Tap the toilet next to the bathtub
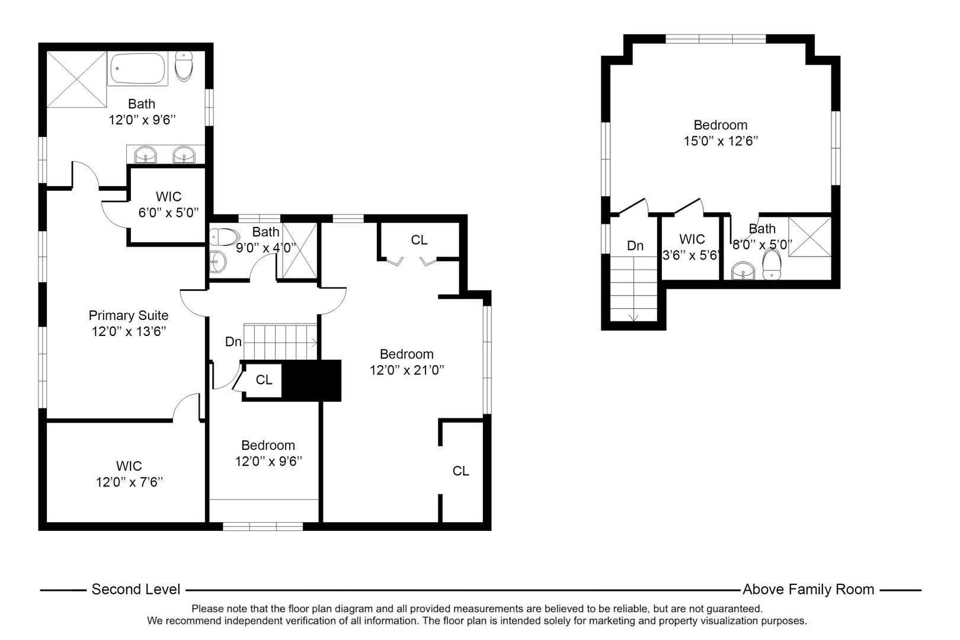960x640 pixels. (x=185, y=66)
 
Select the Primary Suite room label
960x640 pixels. (x=129, y=316)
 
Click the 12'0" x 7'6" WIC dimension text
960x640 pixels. (x=129, y=482)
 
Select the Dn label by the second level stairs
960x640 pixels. (x=233, y=342)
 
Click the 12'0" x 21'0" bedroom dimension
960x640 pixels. (x=407, y=370)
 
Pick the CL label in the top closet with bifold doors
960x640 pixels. (x=419, y=240)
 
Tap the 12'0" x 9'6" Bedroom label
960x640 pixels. (x=268, y=446)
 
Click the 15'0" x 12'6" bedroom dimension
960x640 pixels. (x=721, y=141)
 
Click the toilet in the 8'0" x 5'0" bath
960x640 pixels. (x=772, y=264)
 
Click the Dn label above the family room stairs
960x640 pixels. (x=635, y=245)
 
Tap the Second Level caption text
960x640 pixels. (x=136, y=590)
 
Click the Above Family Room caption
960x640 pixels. (x=808, y=590)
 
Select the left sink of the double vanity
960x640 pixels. (x=145, y=156)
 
